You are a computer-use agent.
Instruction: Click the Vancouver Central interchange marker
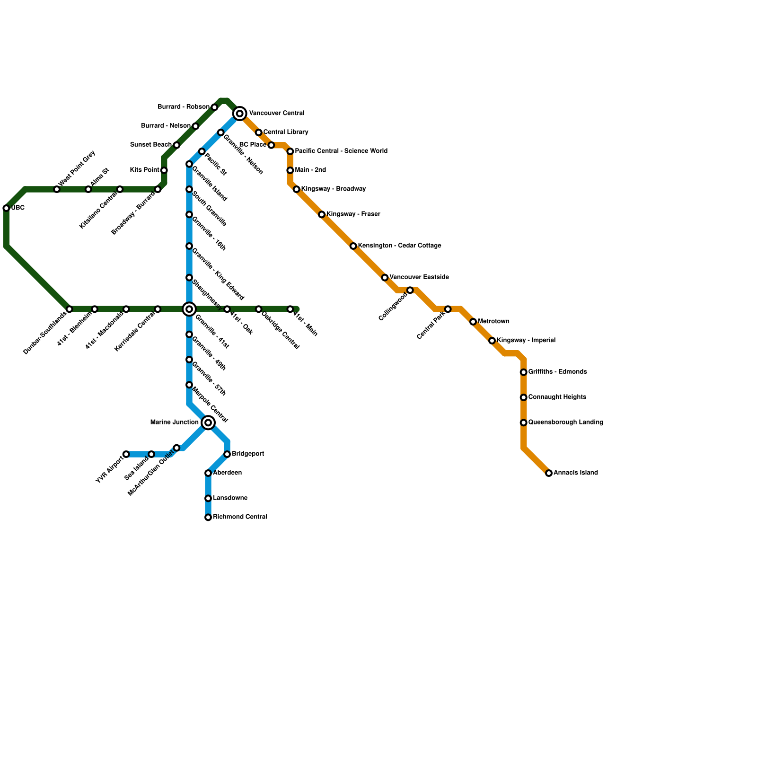240,114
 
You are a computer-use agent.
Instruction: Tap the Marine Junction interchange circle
208,423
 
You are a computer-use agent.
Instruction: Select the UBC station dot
6,208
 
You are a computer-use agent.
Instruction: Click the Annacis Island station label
575,473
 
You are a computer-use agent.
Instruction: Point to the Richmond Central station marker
208,517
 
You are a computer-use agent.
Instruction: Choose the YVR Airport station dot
126,454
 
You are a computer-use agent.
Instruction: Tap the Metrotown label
493,322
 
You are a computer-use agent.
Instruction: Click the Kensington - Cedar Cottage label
399,246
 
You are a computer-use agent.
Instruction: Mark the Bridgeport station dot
227,454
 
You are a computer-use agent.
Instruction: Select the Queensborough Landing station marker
523,423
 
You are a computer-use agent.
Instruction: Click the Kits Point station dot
164,170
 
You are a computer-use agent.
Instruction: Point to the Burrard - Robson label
183,107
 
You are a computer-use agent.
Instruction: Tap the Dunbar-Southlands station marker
69,309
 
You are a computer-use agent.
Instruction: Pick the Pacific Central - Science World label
341,151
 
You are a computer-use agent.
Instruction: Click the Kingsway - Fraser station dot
322,214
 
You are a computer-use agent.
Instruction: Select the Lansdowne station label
230,498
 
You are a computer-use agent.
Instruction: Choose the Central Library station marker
258,132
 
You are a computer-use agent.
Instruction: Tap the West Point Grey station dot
57,189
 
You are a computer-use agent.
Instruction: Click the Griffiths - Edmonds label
557,372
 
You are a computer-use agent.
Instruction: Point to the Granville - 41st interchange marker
189,309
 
